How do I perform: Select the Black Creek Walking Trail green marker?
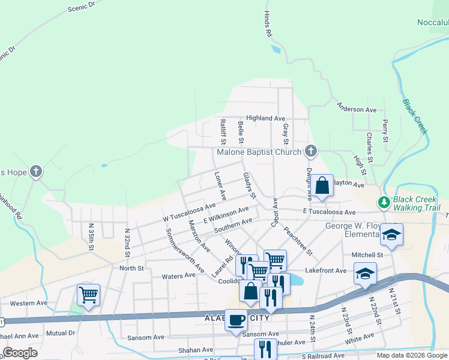click(x=384, y=202)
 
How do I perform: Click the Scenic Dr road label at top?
click(x=82, y=7)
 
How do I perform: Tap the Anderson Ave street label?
click(x=357, y=109)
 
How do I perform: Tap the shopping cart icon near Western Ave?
click(x=88, y=295)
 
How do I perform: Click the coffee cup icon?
click(x=236, y=319)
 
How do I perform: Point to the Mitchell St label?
click(x=367, y=255)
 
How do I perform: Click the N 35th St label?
click(x=91, y=238)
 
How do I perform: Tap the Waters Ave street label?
click(x=179, y=276)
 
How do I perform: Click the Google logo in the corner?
click(x=20, y=353)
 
